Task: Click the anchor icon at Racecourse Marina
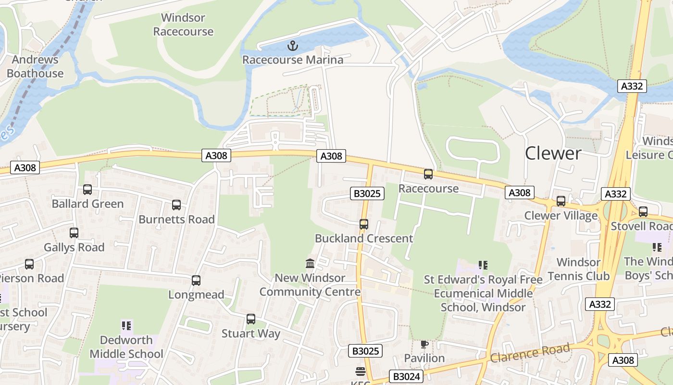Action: click(x=293, y=46)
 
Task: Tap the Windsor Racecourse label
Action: click(x=183, y=25)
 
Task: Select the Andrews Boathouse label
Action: click(x=35, y=66)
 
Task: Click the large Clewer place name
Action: click(x=553, y=153)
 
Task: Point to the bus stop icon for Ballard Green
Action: click(x=87, y=190)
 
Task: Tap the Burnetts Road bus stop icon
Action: click(x=176, y=205)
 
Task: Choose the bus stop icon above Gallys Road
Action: click(x=74, y=233)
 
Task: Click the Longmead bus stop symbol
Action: click(x=196, y=281)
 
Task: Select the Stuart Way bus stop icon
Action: click(x=251, y=319)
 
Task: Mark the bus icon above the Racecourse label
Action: click(x=428, y=174)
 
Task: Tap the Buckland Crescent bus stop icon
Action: click(x=364, y=224)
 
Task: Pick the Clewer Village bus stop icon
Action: click(x=561, y=201)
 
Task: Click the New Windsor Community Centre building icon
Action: click(x=310, y=264)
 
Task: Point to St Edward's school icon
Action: click(x=483, y=265)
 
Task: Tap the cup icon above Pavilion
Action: click(x=424, y=344)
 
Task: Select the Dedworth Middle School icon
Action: click(x=126, y=326)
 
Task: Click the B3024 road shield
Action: click(x=406, y=376)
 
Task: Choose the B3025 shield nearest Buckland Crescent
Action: click(x=368, y=193)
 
